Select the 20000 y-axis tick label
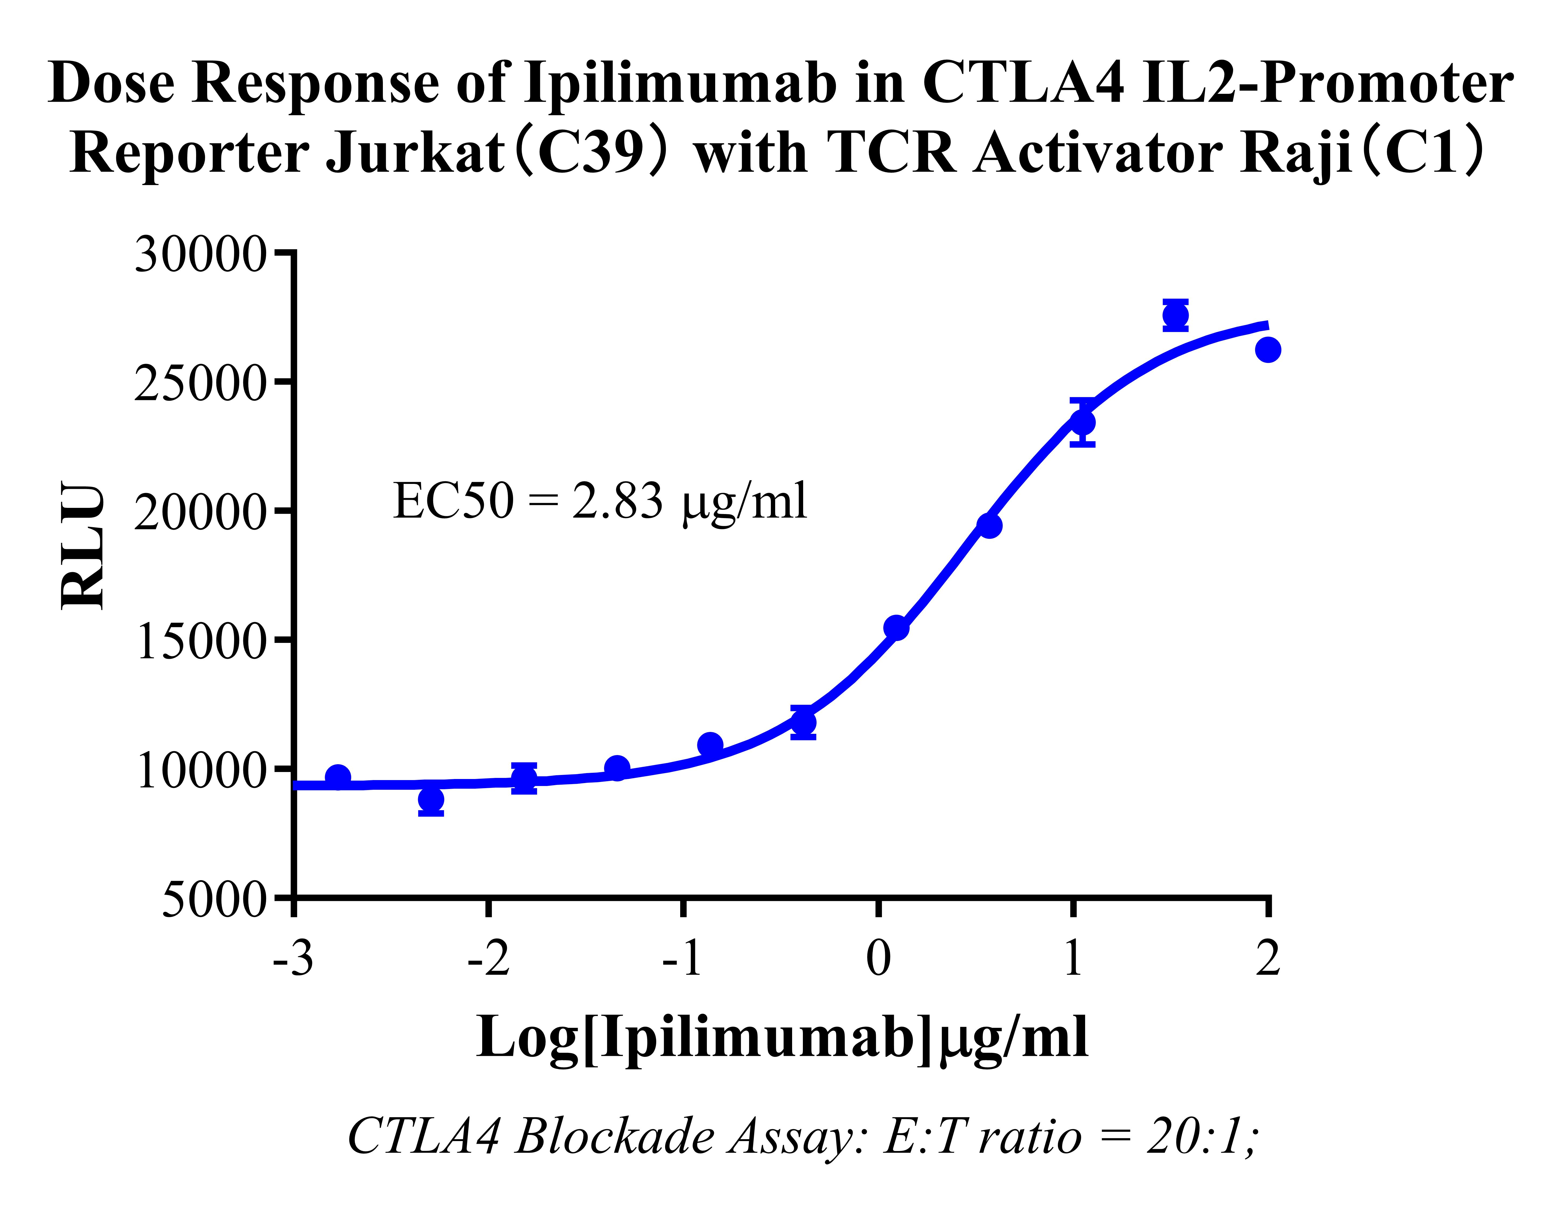(200, 513)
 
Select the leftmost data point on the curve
(338, 777)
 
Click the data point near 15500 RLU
(897, 628)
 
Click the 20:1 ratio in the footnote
(1200, 1137)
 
